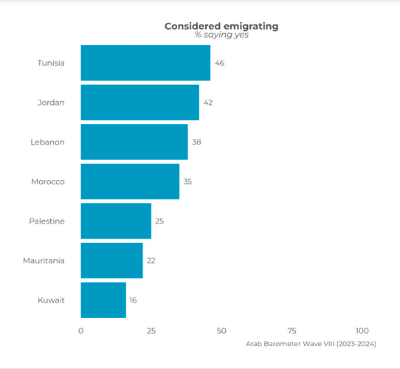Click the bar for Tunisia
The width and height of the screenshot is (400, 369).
(145, 63)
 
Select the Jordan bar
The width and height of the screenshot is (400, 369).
(140, 103)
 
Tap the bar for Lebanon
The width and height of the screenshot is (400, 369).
(134, 142)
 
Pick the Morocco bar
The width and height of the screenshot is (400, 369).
(130, 182)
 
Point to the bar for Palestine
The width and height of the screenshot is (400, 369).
(116, 221)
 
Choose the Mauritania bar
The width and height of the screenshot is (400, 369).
(112, 261)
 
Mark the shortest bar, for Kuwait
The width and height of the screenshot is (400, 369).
(103, 300)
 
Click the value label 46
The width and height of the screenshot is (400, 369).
(220, 63)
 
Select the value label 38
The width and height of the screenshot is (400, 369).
(196, 142)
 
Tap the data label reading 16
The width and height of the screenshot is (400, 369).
(133, 300)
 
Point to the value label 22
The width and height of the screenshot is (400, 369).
(151, 261)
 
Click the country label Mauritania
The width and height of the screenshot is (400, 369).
(44, 261)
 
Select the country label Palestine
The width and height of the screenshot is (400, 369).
(47, 221)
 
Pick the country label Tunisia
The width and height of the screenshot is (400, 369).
(51, 63)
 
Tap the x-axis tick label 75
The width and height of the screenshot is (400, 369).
(292, 331)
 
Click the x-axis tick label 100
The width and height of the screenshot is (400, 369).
(362, 331)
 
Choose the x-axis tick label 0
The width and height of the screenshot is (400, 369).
(81, 331)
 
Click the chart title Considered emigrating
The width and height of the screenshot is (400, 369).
(221, 27)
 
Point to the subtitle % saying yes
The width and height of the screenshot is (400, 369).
(221, 35)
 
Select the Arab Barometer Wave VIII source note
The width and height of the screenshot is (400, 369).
(311, 344)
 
